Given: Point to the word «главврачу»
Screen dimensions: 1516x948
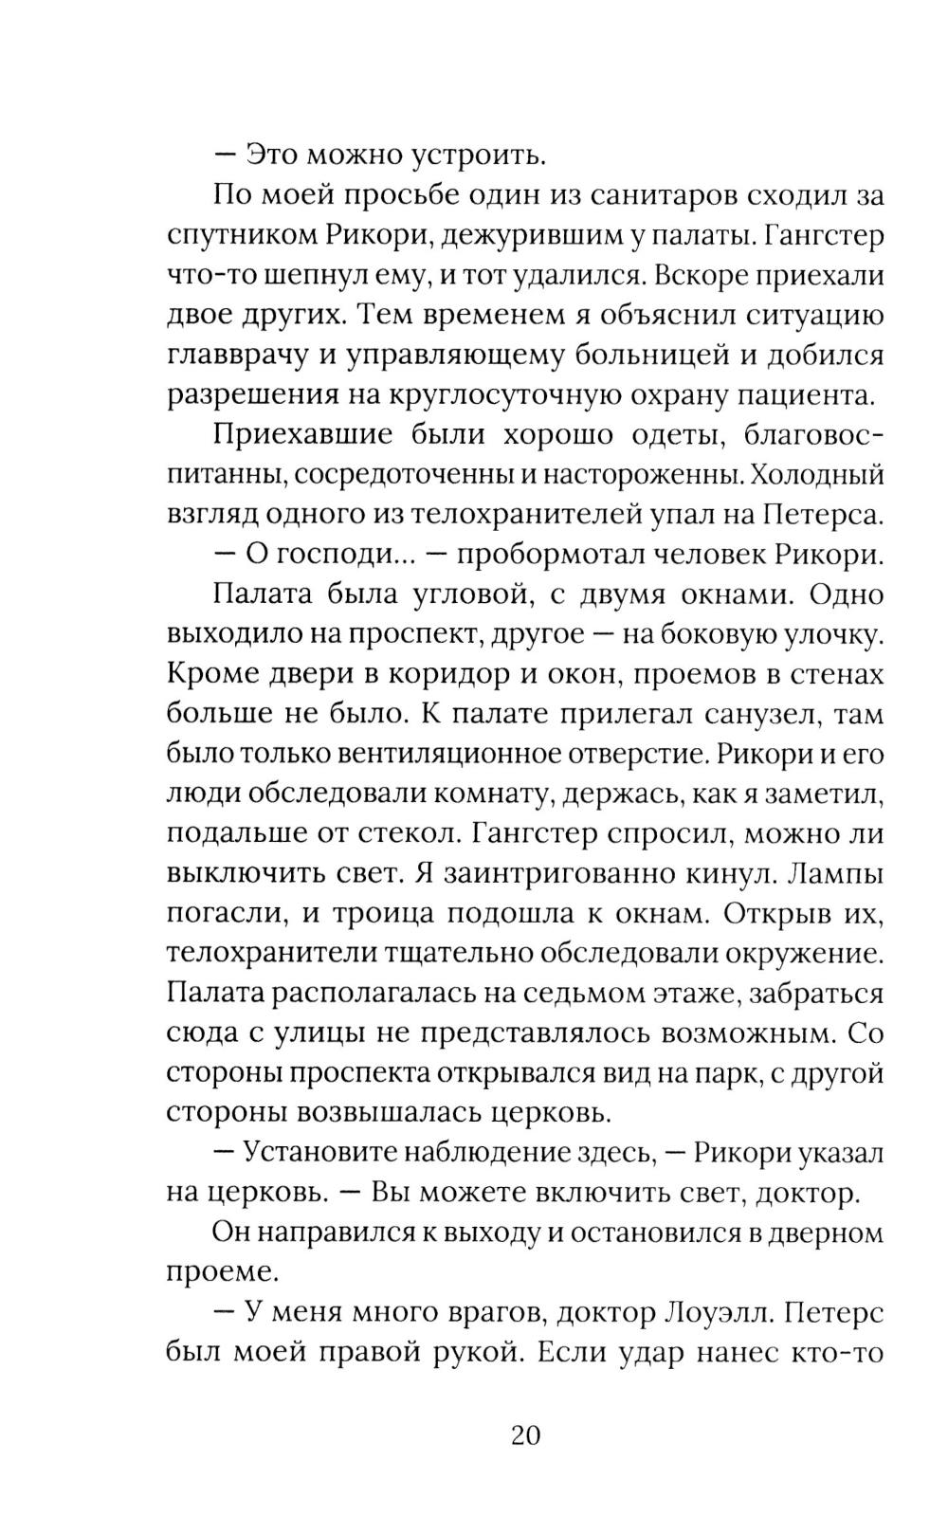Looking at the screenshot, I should coord(246,356).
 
